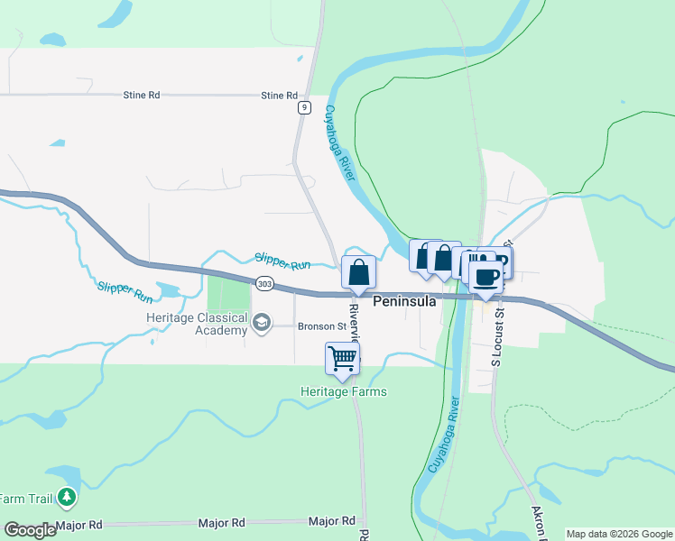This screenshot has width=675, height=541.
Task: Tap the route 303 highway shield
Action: pos(264,283)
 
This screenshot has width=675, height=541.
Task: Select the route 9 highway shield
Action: pos(305,107)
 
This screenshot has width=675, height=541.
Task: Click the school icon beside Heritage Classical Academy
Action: pos(262,323)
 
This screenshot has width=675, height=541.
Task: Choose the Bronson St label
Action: pos(322,326)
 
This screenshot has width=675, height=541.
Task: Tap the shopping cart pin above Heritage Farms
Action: pos(343,358)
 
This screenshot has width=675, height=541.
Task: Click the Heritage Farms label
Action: pos(344,391)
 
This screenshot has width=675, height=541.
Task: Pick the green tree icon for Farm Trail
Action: pos(66,497)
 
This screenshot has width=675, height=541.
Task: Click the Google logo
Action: pos(30,530)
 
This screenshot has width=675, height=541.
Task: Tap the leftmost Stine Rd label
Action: pos(142,95)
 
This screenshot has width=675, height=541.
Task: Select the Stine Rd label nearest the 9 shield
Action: pos(279,96)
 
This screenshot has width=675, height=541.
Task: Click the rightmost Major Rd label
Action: pos(331,521)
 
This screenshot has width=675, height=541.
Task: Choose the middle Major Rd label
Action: pos(226,523)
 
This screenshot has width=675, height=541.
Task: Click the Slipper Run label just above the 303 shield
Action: pos(282,261)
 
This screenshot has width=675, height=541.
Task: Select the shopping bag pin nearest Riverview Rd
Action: pos(358,270)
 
